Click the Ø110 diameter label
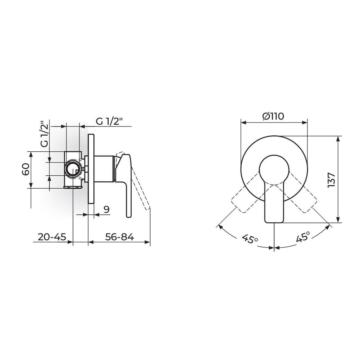[273, 116]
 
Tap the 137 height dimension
[332, 180]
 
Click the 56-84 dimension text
[120, 237]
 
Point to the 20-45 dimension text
[52, 237]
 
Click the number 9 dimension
[107, 209]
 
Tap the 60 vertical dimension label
[26, 170]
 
